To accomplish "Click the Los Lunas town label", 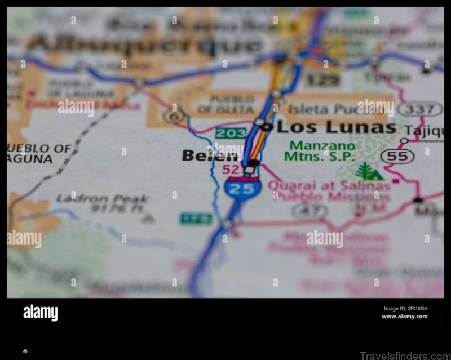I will (336, 127).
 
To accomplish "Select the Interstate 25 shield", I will (242, 188).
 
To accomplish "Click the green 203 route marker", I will (231, 134).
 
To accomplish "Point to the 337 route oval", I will (420, 109).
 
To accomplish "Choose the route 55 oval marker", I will (397, 156).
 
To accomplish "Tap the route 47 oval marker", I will (310, 211).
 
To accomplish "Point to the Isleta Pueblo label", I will (322, 109).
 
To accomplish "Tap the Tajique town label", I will (424, 130).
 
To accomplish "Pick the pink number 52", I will (230, 169).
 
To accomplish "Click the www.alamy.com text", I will (404, 317).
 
